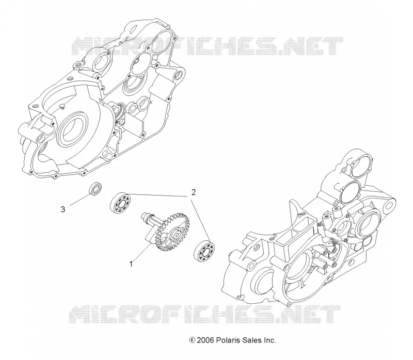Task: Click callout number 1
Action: [131, 264]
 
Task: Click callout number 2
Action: [194, 192]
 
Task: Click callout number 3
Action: [62, 209]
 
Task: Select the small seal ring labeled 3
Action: [95, 188]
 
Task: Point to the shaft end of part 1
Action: [146, 216]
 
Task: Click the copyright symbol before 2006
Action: [192, 340]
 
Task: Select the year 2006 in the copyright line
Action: [205, 340]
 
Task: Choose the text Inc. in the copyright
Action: [269, 340]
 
